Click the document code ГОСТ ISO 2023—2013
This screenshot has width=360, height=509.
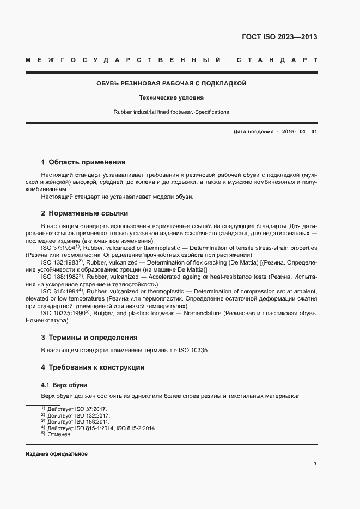pos(279,38)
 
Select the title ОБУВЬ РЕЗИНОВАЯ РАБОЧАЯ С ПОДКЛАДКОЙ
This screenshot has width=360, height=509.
pos(171,83)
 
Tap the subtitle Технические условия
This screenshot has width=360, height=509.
pos(171,98)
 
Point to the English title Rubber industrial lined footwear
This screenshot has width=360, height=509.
pos(171,112)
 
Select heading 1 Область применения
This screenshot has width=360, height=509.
pos(83,162)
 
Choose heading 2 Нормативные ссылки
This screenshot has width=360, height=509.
pos(84,213)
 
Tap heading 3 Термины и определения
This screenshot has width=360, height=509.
pos(89,337)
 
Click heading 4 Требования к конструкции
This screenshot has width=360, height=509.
pos(93,367)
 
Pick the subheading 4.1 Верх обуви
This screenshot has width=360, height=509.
pos(60,385)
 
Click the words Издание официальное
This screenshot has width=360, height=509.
pos(57,453)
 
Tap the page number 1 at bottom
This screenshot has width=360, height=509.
pos(315,464)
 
